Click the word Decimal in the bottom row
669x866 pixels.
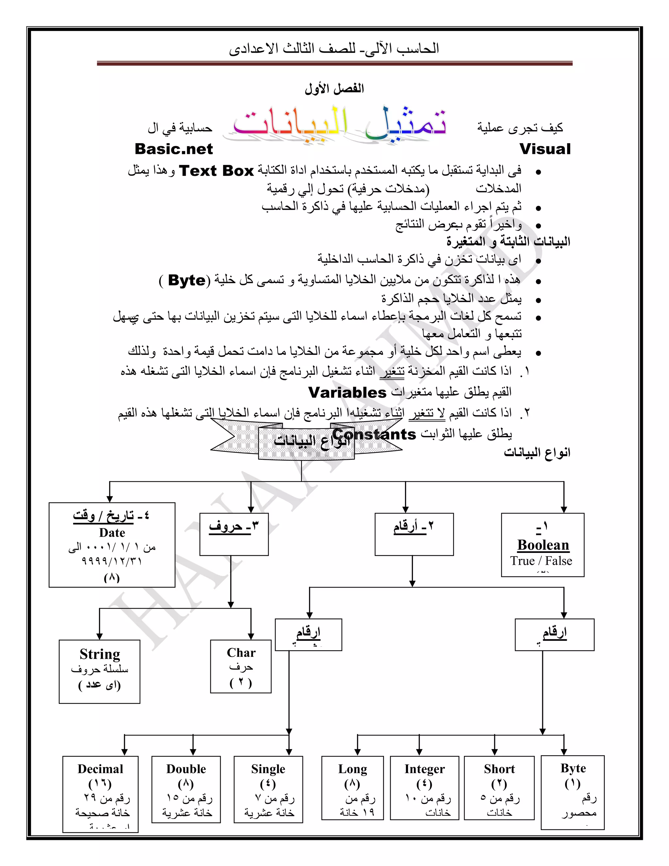coord(100,769)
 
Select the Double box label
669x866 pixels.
coord(186,769)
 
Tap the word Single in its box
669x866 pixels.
coord(268,769)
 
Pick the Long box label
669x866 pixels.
coord(352,769)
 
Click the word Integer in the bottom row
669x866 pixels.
coord(424,769)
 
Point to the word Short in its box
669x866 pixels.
coord(499,769)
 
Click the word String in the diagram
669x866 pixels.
coord(100,654)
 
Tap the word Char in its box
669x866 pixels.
coord(241,653)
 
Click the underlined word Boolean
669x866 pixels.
coord(543,545)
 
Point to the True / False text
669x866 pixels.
coord(541,561)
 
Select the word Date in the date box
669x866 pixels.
coord(112,533)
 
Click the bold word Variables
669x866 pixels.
coord(347,392)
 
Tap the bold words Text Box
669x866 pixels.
coord(216,171)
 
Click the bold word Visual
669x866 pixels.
coord(545,149)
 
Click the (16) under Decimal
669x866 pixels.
coord(100,784)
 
